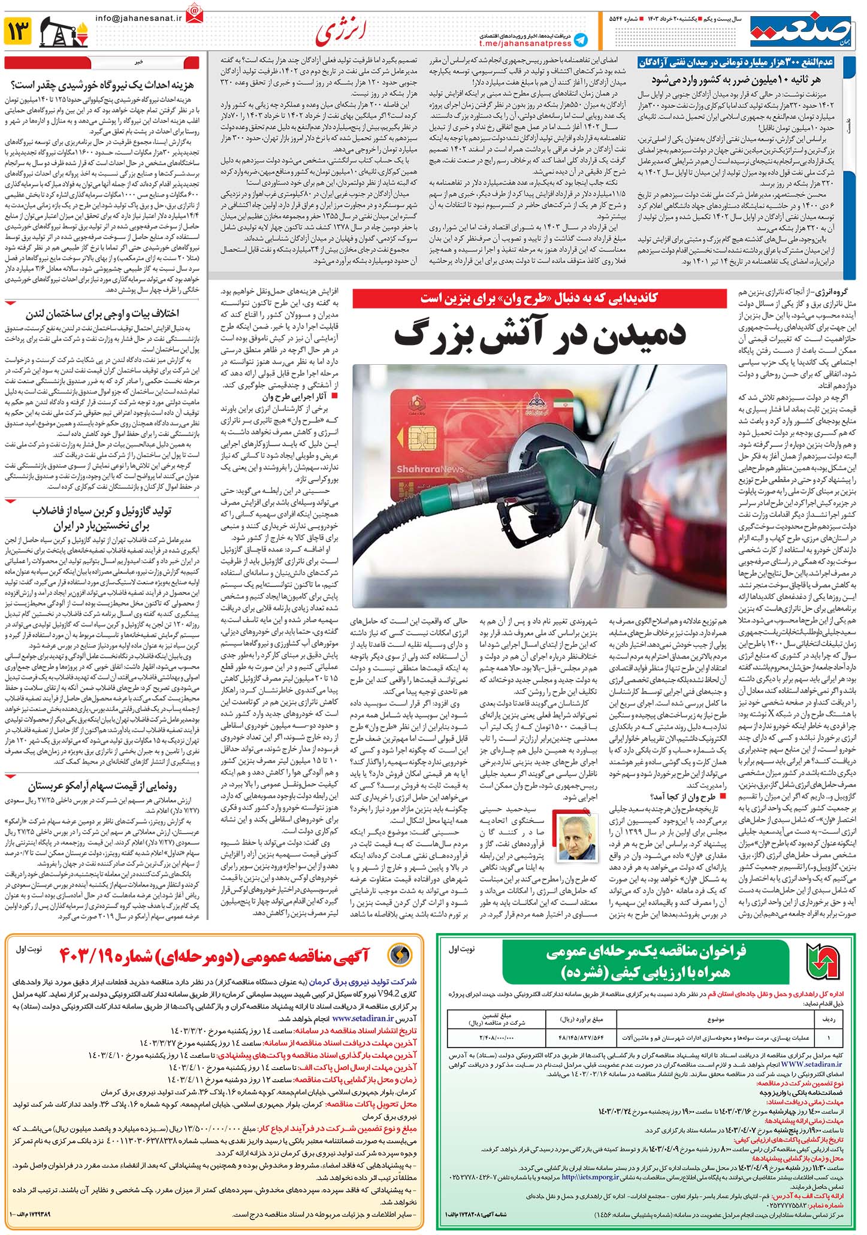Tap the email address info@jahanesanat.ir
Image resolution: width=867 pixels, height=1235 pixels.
[x=138, y=19]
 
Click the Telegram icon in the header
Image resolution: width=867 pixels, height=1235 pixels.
[x=580, y=40]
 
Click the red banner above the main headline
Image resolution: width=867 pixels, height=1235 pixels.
[x=539, y=298]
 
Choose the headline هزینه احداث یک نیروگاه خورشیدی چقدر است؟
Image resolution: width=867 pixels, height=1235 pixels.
[x=105, y=84]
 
